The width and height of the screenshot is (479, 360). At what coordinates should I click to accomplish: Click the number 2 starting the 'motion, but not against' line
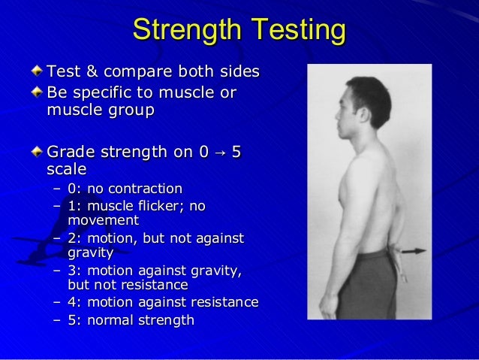[71, 238]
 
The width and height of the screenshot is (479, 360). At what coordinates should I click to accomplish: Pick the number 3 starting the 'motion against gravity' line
[71, 271]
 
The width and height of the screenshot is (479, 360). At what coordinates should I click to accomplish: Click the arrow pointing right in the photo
[411, 251]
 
